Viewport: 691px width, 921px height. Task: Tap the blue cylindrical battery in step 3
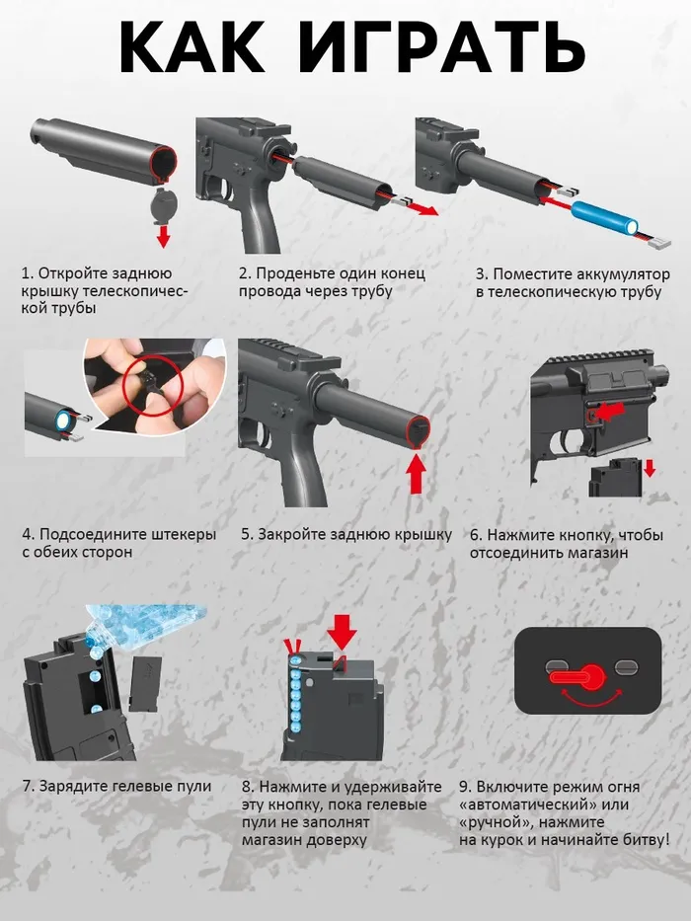click(605, 215)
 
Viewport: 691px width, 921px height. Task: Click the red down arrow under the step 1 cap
click(163, 237)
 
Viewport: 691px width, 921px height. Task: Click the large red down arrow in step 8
click(342, 632)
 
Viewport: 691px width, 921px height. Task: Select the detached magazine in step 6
click(615, 481)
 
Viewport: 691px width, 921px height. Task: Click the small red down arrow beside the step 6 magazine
click(650, 468)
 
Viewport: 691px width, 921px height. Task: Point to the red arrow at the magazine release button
click(609, 410)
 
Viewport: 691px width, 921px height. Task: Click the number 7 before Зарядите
click(27, 786)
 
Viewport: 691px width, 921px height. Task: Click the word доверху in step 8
click(336, 840)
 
